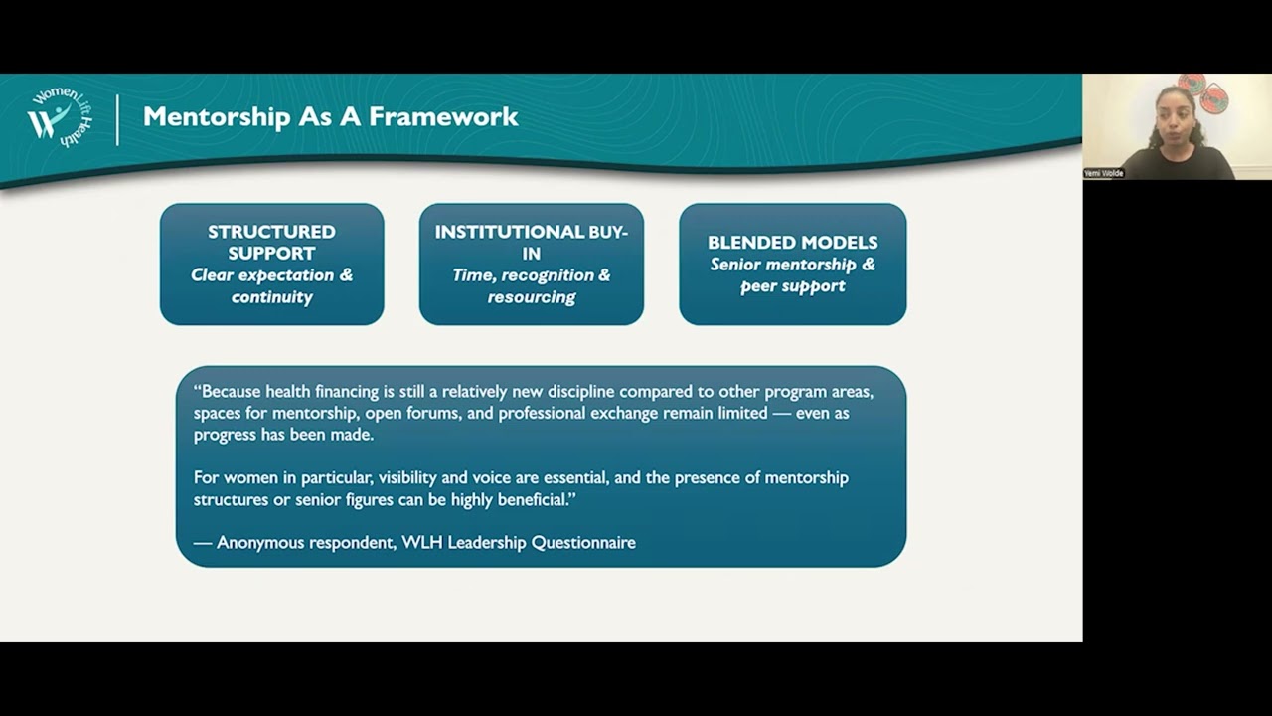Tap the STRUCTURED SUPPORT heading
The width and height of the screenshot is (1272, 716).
pos(271,243)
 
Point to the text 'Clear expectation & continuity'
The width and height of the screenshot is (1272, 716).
pos(271,286)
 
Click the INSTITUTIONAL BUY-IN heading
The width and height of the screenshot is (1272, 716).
pos(531,243)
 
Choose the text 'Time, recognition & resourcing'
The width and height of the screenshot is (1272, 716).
pos(531,286)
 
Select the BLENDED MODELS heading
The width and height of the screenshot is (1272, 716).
pos(792,242)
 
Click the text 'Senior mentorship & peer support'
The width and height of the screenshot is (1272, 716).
pos(792,275)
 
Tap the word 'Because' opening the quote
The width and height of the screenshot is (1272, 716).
pos(233,391)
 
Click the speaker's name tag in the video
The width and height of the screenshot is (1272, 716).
pos(1104,173)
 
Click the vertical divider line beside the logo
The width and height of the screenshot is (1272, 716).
pos(117,119)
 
